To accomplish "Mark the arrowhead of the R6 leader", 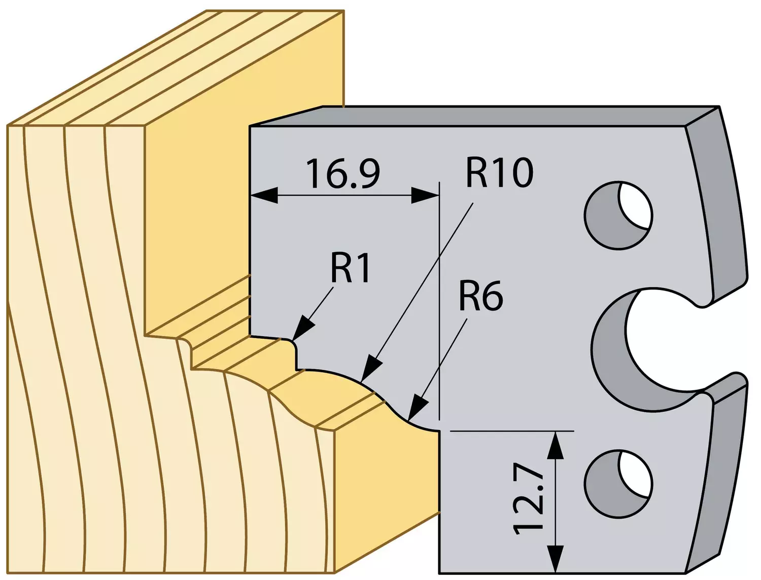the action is (x=408, y=420).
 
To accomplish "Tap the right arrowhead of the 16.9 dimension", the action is (x=438, y=196).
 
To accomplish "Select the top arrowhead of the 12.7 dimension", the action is (x=556, y=432).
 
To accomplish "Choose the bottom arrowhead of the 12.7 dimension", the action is (x=556, y=572).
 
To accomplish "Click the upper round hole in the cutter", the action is (x=619, y=215).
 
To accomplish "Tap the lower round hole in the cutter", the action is (x=619, y=484).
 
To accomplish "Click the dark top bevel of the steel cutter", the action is (x=486, y=116).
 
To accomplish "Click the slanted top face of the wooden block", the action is (x=174, y=69).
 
